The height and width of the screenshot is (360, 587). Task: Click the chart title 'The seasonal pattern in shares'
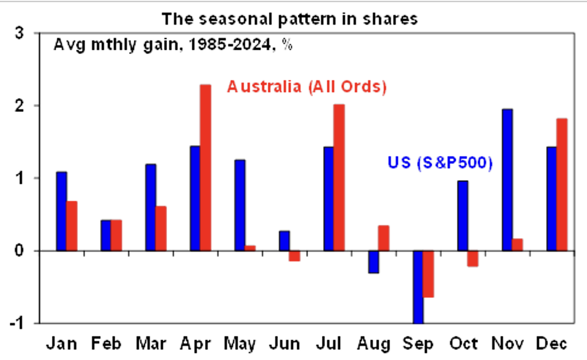(x=289, y=19)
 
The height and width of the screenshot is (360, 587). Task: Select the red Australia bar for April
(x=206, y=168)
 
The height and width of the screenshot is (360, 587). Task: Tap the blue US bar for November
(x=507, y=180)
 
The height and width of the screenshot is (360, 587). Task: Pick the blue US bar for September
(x=418, y=287)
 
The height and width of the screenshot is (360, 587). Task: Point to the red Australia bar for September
(x=428, y=274)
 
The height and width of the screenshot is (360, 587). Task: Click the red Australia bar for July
(x=339, y=177)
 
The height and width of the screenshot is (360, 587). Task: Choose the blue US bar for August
(x=374, y=262)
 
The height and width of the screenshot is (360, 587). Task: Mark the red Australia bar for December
(x=562, y=185)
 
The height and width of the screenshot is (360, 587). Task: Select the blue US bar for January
(x=62, y=211)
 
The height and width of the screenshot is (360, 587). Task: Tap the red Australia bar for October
(x=473, y=258)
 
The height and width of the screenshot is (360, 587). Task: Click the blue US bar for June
(x=284, y=241)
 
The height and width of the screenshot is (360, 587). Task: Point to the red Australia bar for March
(x=161, y=229)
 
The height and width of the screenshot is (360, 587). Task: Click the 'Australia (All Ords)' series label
(x=306, y=87)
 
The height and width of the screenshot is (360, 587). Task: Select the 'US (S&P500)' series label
(x=440, y=162)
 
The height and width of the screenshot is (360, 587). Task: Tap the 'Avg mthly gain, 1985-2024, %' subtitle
(x=173, y=45)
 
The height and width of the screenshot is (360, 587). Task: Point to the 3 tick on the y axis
(x=19, y=33)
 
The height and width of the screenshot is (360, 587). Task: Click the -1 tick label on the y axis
(x=17, y=323)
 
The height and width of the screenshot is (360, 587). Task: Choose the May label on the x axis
(x=239, y=344)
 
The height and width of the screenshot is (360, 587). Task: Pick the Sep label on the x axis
(x=418, y=344)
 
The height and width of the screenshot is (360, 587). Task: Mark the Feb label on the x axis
(x=107, y=343)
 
